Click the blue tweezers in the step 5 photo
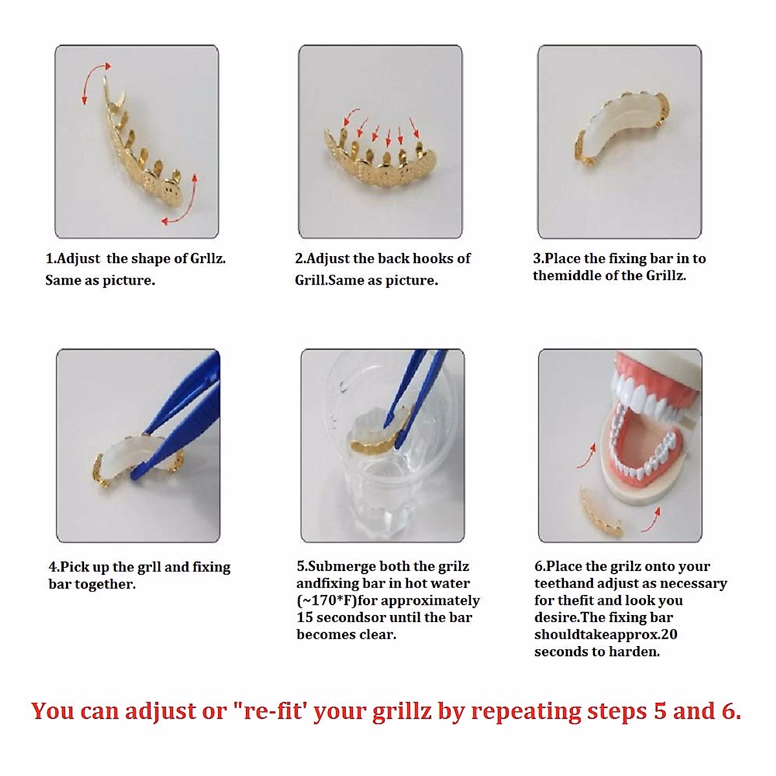click(414, 388)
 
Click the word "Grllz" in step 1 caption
click(208, 259)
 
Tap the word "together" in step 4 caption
click(111, 584)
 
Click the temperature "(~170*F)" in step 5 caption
click(327, 601)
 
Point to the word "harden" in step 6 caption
click(634, 652)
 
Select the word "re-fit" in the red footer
click(269, 711)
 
